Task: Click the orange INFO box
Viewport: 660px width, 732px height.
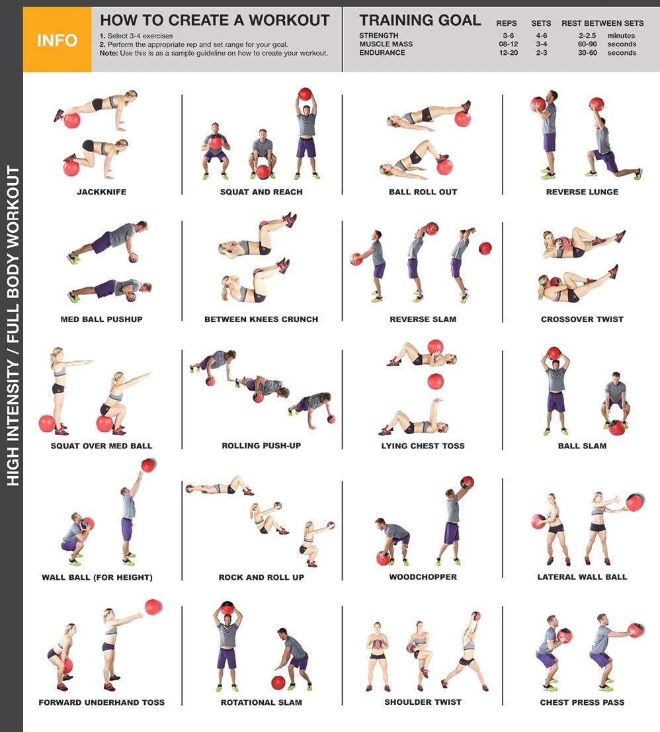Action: (57, 40)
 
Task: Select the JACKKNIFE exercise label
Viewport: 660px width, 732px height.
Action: (102, 192)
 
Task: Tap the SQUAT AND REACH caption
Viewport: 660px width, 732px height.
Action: (261, 192)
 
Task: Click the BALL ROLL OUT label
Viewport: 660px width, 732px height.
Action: (423, 192)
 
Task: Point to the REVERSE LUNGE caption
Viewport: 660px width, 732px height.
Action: (582, 192)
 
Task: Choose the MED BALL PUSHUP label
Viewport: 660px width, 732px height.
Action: (102, 319)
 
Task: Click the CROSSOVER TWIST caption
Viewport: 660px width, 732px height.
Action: (582, 319)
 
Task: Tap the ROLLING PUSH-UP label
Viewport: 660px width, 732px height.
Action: (261, 446)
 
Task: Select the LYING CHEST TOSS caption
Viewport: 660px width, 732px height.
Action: (423, 446)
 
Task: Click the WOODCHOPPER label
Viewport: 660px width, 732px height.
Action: (423, 577)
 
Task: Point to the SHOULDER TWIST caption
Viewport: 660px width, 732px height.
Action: (423, 702)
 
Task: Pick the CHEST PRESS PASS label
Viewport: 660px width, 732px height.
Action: (582, 703)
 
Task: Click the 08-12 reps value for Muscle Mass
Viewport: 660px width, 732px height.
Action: (509, 44)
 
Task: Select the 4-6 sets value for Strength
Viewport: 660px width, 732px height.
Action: (542, 36)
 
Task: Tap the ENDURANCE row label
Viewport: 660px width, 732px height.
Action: (382, 53)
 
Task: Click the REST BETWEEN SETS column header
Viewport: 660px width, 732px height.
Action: (602, 23)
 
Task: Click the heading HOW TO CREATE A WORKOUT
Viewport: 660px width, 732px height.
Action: (215, 20)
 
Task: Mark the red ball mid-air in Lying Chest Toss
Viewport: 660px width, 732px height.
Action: (436, 381)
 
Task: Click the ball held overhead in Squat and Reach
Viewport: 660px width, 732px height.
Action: (305, 94)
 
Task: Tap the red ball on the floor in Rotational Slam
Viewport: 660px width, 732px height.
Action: (278, 682)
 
